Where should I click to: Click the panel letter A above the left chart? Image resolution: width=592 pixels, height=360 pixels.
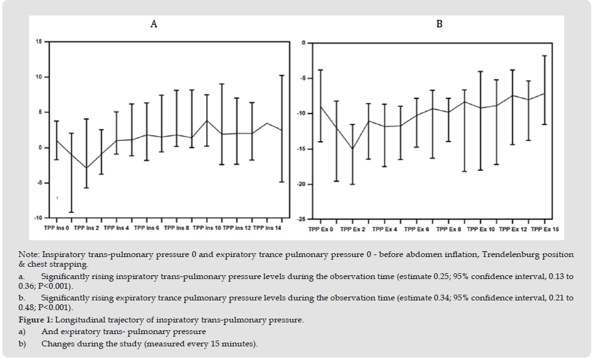pos(154,24)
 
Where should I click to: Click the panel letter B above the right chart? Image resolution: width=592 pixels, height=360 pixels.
pos(439,24)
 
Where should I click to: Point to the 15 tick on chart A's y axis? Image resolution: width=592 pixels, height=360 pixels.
pos(38,41)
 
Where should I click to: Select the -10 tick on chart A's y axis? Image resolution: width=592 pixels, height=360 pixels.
pos(38,218)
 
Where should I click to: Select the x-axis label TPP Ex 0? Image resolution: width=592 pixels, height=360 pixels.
pos(321,229)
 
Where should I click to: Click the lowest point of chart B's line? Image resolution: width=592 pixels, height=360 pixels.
pos(352,149)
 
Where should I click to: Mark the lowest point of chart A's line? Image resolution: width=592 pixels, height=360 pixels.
pos(86,168)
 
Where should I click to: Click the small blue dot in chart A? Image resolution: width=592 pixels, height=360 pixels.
pos(57,197)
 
